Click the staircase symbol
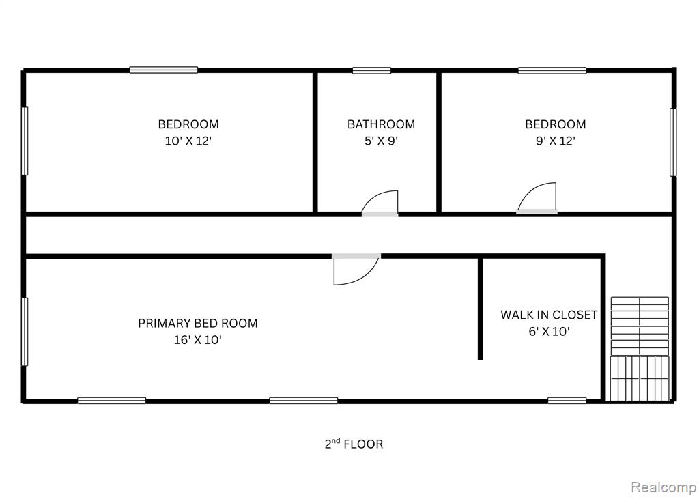point(640,349)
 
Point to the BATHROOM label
point(381,124)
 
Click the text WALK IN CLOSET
point(549,315)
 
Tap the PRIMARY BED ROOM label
point(198,323)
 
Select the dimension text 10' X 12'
point(188,141)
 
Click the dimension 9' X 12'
point(556,141)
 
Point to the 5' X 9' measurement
point(381,141)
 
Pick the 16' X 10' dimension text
point(198,340)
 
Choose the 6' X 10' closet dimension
point(550,332)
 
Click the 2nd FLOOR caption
point(354,444)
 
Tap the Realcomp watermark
point(664,487)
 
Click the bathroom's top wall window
point(372,70)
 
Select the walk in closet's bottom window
point(567,401)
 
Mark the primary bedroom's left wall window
point(25,332)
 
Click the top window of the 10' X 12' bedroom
point(164,70)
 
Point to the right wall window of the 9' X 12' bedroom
point(673,142)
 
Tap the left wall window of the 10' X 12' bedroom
point(25,141)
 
